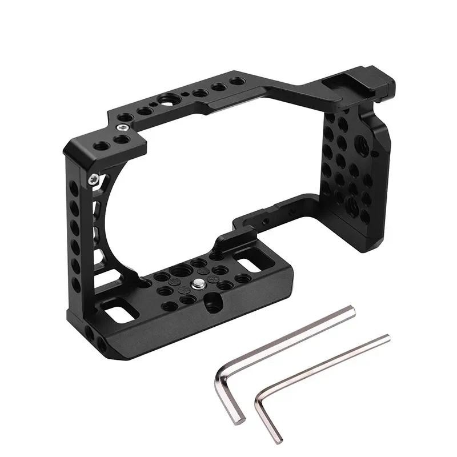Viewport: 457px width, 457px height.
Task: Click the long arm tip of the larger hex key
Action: (350, 312)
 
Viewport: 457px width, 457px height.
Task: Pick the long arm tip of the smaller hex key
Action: (385, 339)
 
